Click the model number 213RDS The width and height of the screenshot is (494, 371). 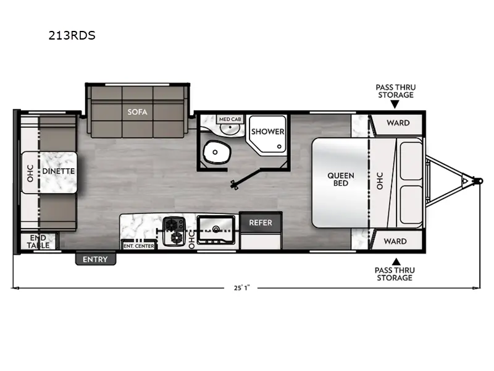72,35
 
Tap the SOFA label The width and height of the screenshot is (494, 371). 137,112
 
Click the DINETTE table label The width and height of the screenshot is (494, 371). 58,171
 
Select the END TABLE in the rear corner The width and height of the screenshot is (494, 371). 38,241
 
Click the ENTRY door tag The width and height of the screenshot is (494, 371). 96,259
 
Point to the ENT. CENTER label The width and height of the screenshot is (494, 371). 139,245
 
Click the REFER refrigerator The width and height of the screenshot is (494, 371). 261,223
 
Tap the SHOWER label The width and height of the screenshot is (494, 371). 268,132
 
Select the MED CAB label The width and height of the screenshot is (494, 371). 230,119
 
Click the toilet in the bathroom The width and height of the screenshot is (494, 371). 216,152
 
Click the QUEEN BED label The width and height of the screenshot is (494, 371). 341,179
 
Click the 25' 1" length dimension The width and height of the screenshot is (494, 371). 241,288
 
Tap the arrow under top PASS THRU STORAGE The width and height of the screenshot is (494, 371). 395,104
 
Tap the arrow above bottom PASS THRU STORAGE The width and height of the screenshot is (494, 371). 396,262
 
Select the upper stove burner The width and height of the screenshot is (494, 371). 172,224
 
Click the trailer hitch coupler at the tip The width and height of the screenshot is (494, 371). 479,181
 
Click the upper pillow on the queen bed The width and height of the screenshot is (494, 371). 411,161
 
